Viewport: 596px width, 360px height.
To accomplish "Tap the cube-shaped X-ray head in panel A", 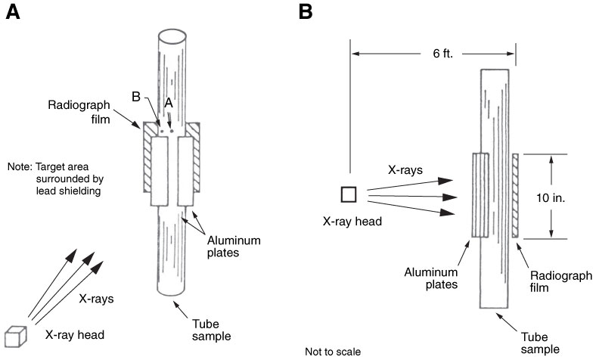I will (15, 334).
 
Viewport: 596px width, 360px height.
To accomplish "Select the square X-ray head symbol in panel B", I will (349, 194).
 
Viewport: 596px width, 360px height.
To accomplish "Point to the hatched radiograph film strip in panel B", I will (515, 194).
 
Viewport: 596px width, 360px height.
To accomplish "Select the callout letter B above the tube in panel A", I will (137, 97).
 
